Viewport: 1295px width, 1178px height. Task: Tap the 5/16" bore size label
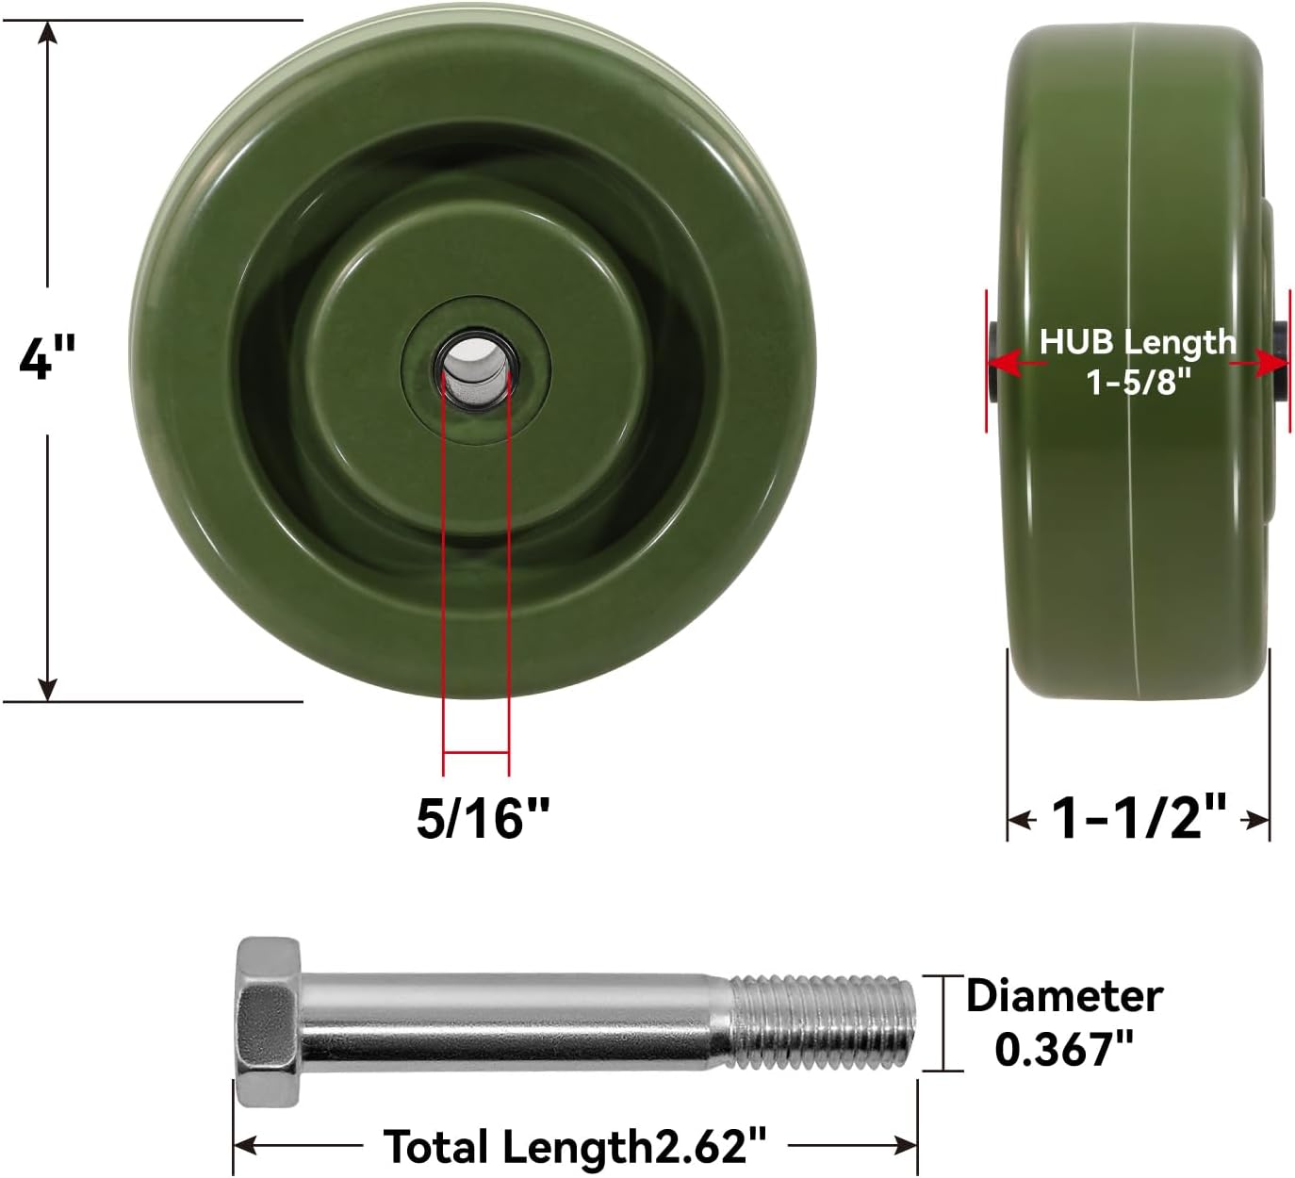coord(483,817)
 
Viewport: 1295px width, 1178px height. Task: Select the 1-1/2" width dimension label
coord(1139,817)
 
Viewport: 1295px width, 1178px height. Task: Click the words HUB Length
coord(1137,341)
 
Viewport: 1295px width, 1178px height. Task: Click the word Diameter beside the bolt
coord(1064,996)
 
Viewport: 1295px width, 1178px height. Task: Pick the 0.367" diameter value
coord(1064,1048)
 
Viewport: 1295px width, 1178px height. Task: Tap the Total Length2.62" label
coord(575,1147)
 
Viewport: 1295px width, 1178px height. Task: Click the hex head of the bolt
coord(268,1022)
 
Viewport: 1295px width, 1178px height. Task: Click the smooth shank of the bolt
coord(514,1022)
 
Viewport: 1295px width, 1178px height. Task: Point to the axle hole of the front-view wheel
coord(470,366)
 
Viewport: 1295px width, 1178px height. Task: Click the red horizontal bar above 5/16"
coord(476,752)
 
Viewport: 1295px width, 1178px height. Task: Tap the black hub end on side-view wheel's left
coord(992,362)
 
